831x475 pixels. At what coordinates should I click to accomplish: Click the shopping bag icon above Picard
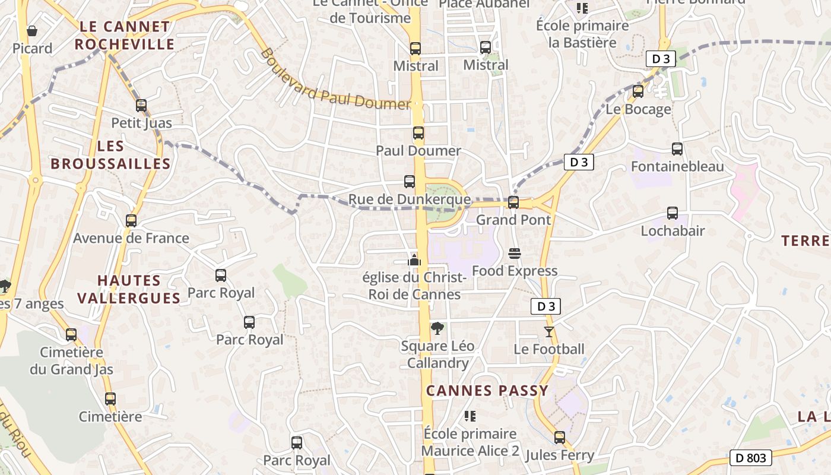(x=32, y=30)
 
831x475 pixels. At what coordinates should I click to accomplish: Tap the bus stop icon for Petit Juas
(x=141, y=106)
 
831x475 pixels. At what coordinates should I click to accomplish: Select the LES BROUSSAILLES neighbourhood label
(x=110, y=155)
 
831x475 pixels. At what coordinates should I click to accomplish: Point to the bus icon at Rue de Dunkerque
(x=410, y=182)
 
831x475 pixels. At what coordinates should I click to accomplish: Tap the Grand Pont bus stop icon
(x=513, y=202)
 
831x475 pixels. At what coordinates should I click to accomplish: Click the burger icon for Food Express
(x=515, y=254)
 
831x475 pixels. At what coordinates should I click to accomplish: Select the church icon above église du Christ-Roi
(x=414, y=260)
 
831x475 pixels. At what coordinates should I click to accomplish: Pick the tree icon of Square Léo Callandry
(x=437, y=328)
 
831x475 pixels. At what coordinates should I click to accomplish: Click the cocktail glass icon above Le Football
(x=549, y=332)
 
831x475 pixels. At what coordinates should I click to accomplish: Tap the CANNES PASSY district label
(x=487, y=391)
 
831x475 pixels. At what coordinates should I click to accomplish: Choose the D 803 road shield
(x=750, y=458)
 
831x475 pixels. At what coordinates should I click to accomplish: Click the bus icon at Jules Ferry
(x=560, y=438)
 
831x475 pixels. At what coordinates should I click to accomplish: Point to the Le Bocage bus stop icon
(x=638, y=91)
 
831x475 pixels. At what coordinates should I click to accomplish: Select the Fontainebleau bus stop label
(x=677, y=166)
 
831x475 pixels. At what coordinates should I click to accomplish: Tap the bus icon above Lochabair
(x=673, y=213)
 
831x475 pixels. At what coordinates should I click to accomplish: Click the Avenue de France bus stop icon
(x=131, y=221)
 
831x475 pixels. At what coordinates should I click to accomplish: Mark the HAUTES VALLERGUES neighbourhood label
(x=129, y=289)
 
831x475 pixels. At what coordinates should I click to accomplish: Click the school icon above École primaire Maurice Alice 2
(x=470, y=416)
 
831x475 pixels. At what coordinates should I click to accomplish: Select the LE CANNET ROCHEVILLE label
(x=125, y=36)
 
